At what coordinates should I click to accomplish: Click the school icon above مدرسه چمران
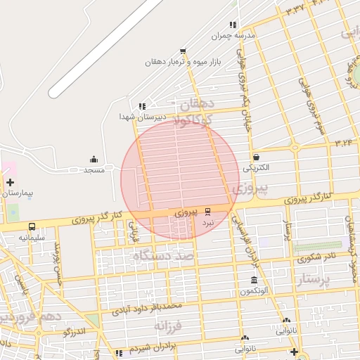233,25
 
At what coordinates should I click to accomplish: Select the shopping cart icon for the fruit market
183,51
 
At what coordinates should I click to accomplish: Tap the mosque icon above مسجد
94,160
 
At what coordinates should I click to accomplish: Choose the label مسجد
94,170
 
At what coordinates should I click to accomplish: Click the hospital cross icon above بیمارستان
10,182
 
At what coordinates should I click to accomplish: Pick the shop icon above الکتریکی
256,157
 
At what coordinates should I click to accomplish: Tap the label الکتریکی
256,168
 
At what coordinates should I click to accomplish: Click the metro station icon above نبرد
207,211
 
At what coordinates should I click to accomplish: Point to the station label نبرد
207,221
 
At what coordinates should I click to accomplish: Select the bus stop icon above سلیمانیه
32,226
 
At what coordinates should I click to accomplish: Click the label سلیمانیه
32,237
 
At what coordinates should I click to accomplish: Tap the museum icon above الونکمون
244,281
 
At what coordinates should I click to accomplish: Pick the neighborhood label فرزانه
169,326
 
